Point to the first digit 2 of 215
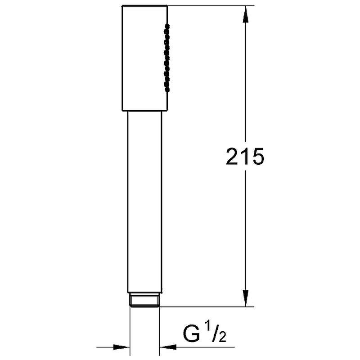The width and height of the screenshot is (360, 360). click(x=232, y=156)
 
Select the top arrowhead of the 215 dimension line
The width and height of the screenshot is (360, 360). click(x=245, y=14)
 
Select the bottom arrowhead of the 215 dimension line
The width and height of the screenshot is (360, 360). click(x=245, y=298)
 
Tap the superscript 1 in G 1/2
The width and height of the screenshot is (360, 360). click(x=207, y=329)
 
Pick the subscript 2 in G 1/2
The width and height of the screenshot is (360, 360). click(x=222, y=337)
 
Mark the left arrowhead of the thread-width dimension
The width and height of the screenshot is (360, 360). click(x=121, y=347)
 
